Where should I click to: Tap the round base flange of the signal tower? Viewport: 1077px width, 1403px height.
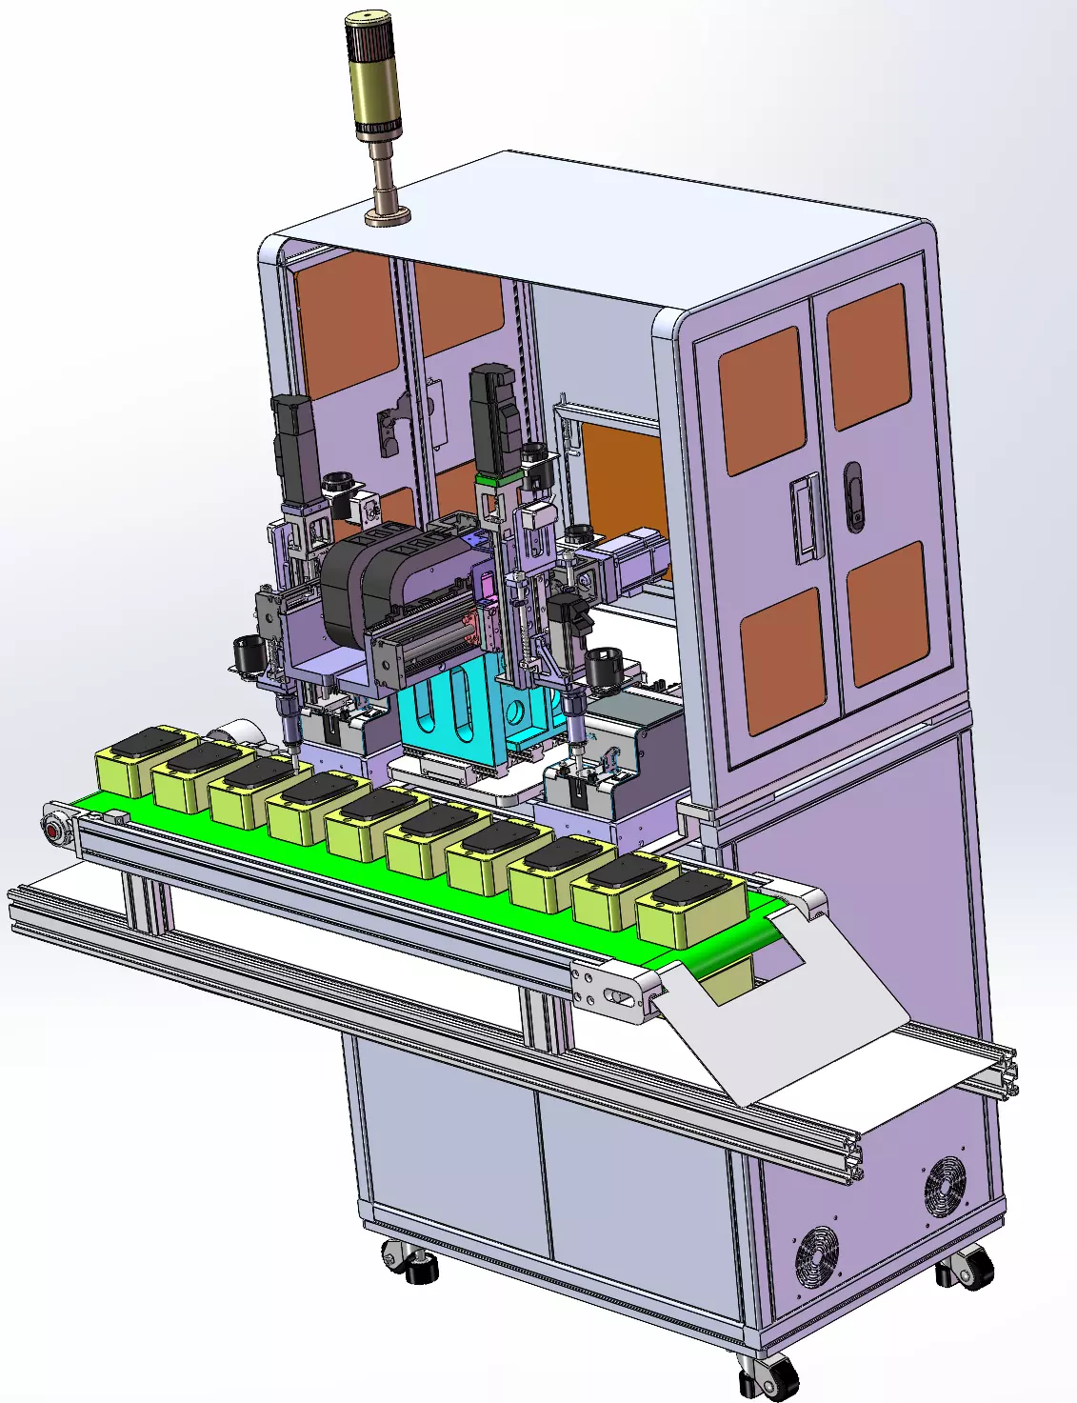tap(388, 216)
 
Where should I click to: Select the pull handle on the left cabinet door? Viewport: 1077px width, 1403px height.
tap(806, 518)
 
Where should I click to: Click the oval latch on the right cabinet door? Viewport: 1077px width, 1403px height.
tap(854, 496)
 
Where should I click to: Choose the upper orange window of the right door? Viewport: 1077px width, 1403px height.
tap(868, 355)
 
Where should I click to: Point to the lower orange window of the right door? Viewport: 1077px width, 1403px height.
tap(888, 612)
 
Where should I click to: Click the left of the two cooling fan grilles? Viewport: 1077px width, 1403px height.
tap(817, 1254)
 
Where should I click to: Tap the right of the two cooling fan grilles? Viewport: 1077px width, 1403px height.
tap(945, 1186)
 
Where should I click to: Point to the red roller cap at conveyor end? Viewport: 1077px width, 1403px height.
tap(53, 830)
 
